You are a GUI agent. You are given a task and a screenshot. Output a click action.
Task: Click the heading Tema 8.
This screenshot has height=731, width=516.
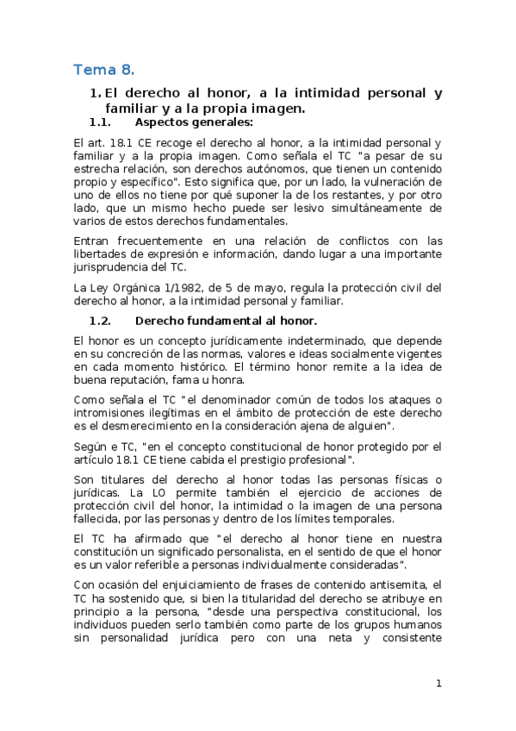point(104,69)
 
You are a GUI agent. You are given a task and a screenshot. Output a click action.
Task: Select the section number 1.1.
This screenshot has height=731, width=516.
point(102,122)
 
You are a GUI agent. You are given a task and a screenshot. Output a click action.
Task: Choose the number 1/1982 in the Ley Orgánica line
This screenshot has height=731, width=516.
point(183,287)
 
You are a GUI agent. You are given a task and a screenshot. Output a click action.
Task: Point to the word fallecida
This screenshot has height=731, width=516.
point(102,519)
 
